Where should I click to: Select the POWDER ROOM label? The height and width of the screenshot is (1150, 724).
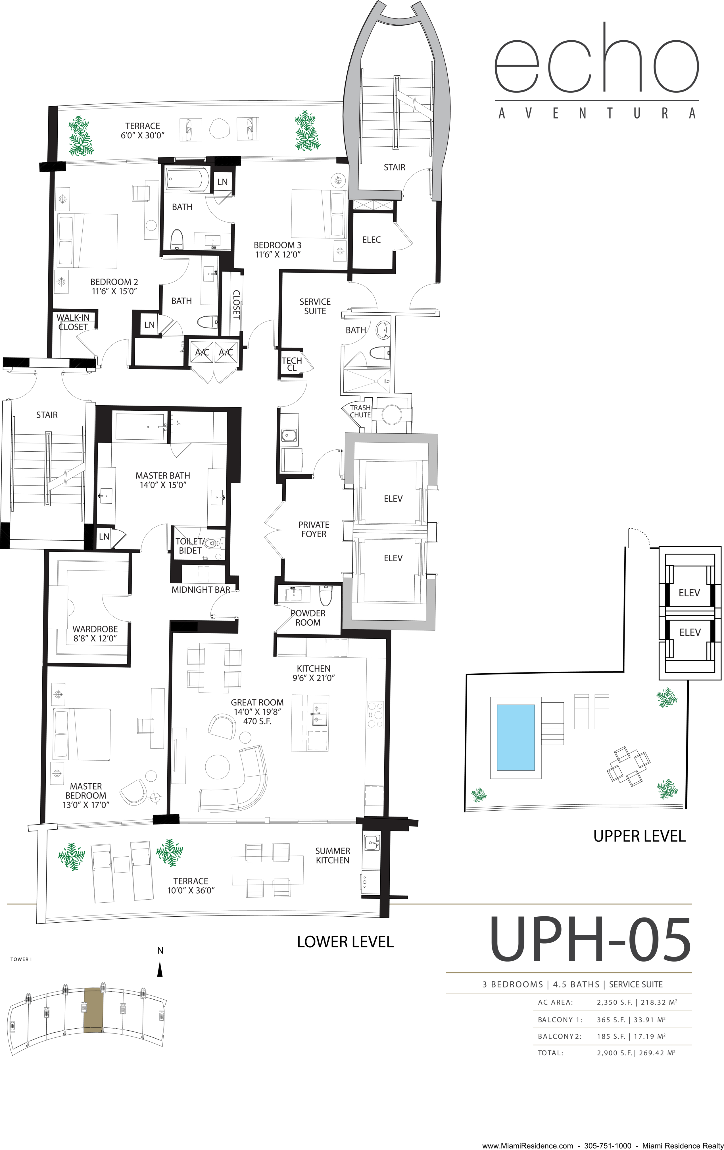point(308,618)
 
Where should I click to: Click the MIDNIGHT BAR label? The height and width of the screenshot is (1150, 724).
point(201,590)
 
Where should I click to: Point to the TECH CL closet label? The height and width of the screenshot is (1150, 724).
point(292,364)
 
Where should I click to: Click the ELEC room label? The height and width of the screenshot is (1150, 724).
point(371,240)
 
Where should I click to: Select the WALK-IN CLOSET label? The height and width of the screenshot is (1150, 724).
point(73,322)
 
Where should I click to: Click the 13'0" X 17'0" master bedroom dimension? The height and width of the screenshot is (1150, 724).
point(86,804)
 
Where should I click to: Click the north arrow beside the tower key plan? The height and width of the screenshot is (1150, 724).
point(160,970)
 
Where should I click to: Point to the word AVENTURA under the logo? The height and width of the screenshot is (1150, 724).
point(596,113)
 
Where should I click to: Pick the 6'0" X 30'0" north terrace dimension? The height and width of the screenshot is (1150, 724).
point(142,135)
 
